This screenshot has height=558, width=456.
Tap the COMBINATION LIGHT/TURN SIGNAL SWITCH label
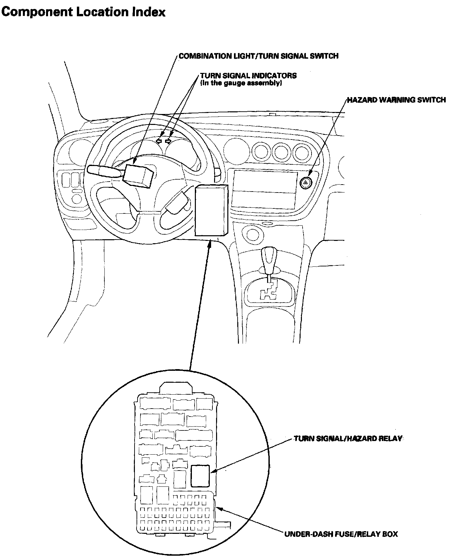[x=258, y=56]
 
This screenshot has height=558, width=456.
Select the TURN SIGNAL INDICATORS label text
[x=248, y=76]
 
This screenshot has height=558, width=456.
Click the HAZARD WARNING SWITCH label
[x=396, y=100]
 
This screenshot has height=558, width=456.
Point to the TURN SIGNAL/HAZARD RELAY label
[x=348, y=439]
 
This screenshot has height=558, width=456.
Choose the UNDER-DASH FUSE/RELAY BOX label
[x=341, y=534]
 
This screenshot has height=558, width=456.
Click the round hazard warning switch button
[x=306, y=182]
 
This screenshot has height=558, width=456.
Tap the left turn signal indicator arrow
[x=159, y=141]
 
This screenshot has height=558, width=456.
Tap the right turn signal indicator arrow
[x=169, y=141]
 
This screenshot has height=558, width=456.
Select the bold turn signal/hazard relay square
[x=200, y=475]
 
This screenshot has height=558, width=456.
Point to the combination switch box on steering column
[x=138, y=174]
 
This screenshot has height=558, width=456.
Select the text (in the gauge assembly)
[x=241, y=83]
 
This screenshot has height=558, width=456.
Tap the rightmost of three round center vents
[x=302, y=153]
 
